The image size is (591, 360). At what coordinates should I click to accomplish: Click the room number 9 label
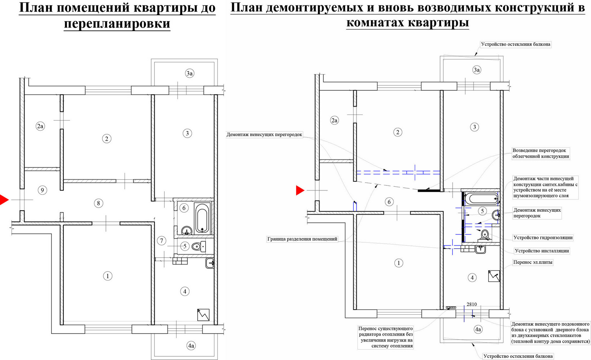pos(42,190)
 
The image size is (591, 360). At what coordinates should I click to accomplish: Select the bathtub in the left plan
pos(202,217)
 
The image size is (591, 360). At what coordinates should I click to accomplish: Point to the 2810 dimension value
pos(472,304)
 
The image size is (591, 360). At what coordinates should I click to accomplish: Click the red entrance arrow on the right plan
pos(300,190)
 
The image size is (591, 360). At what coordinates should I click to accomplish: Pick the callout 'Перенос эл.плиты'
pos(533,262)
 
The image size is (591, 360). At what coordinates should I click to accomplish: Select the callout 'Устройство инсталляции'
pos(542,251)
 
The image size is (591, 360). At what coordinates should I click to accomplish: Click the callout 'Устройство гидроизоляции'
pos(543,237)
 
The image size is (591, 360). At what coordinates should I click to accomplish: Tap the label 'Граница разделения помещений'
pos(302,239)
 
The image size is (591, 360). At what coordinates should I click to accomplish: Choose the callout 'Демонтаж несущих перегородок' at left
pos(264,135)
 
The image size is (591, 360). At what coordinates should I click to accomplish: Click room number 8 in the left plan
pos(98,203)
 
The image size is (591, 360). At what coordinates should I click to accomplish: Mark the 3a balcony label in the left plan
pos(189,73)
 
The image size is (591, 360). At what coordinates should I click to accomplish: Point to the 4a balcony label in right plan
pos(478,329)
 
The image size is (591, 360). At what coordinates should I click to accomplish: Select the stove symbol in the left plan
pos(203,315)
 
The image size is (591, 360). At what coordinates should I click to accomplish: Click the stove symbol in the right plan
pos(494,276)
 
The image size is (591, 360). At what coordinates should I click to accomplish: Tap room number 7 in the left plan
pos(161,240)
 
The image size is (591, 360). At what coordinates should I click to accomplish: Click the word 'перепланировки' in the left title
pos(117,23)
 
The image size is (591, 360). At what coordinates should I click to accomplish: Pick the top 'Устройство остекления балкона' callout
pos(515,44)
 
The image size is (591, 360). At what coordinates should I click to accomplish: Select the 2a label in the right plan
pos(334,120)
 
